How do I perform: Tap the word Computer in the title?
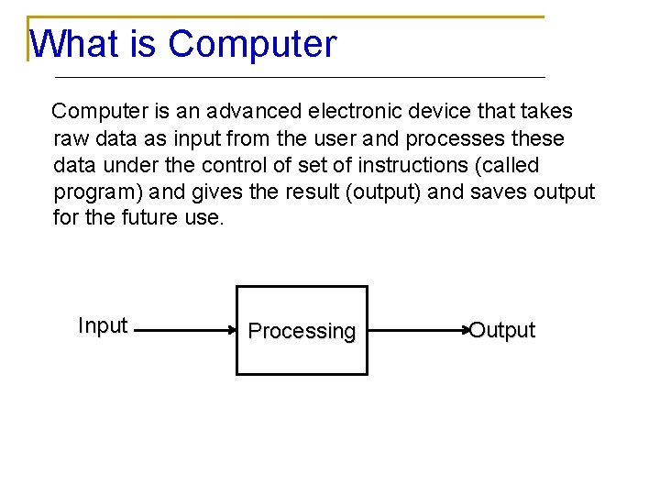coord(252,43)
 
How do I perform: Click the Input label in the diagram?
coord(103,325)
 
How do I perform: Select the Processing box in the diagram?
coord(302,331)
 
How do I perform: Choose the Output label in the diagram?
coord(501,330)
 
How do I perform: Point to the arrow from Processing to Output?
coord(417,330)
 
